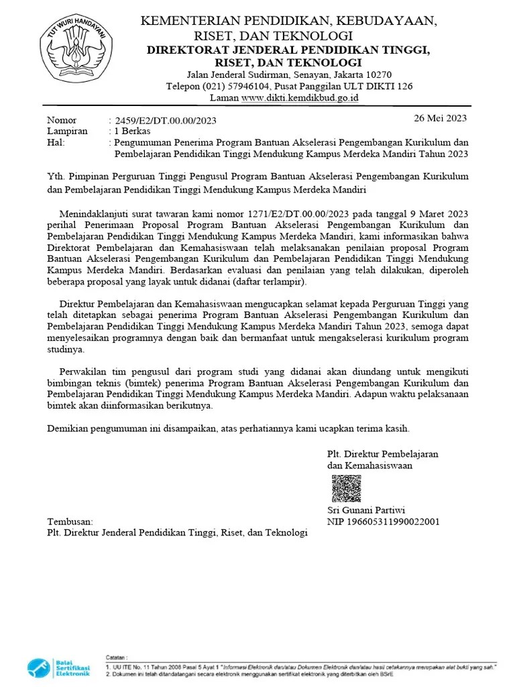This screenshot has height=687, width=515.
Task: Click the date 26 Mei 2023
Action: point(440,118)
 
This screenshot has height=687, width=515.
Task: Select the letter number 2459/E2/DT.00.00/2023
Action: point(166,121)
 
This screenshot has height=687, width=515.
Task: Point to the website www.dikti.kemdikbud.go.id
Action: point(300,98)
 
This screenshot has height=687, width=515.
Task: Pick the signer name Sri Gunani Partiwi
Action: point(366,510)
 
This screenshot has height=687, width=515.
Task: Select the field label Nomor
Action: point(62,120)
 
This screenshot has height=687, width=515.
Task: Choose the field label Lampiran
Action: point(67,131)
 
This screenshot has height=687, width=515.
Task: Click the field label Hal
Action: point(55,143)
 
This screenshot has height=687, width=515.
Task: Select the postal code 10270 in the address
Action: point(378,74)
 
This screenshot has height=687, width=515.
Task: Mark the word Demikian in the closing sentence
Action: point(70,427)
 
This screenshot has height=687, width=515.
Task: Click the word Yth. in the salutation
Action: point(56,176)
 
